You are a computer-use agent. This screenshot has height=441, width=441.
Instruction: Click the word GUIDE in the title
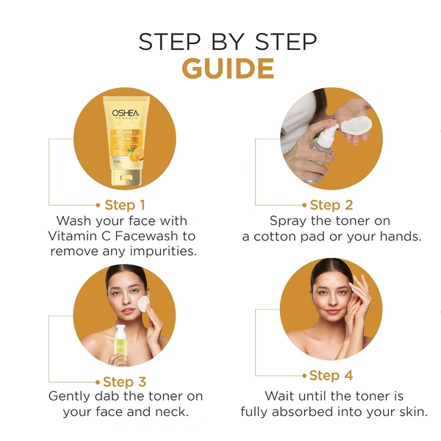pos(228,68)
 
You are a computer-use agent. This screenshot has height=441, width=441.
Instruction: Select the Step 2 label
pos(331,204)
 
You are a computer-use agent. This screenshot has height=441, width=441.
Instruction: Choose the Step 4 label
pos(331,376)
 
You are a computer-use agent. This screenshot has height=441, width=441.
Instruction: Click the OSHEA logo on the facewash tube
pos(126,115)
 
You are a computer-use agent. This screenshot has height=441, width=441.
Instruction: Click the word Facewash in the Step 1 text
pos(162,236)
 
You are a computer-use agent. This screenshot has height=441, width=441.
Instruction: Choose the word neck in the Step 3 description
pos(171,412)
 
